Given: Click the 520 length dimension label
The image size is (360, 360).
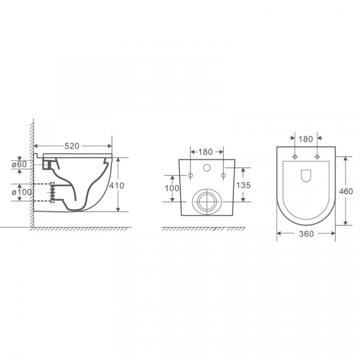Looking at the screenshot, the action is pos(71,146).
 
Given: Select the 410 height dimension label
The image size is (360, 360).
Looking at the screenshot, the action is pos(116,185).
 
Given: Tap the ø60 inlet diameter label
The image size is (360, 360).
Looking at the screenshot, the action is pos(19,164).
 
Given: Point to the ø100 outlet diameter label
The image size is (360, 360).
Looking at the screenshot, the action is pos(22,192).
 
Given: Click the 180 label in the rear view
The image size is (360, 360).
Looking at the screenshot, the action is pos(205,152).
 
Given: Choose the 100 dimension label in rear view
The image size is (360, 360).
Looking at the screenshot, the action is pos(172,188).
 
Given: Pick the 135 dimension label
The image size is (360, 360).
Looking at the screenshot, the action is pos(244,185).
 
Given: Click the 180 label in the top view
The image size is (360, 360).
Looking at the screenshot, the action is pos(305,139).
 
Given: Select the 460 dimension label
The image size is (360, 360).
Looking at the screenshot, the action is pos(346,191).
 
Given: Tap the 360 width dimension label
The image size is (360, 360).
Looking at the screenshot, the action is pos(306,234).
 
